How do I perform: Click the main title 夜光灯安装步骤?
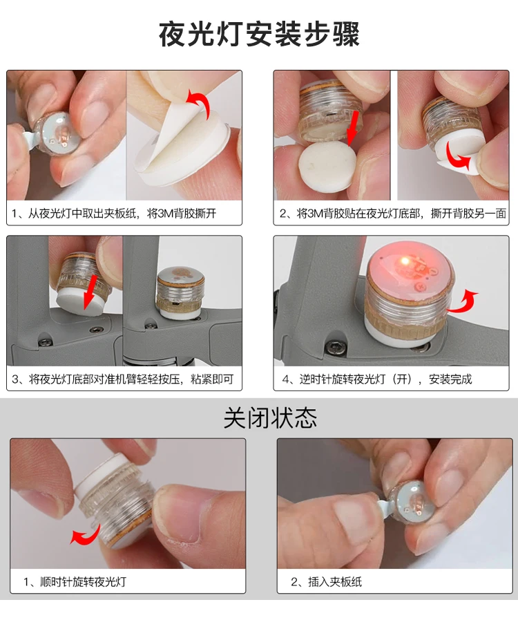pyautogui.click(x=259, y=35)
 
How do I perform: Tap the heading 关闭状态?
pyautogui.click(x=270, y=418)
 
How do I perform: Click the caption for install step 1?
pyautogui.click(x=114, y=214)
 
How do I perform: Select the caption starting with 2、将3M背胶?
pyautogui.click(x=393, y=214)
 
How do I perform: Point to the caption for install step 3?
pyautogui.click(x=122, y=379)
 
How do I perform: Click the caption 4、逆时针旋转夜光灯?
pyautogui.click(x=377, y=379)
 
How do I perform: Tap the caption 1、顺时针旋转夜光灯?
pyautogui.click(x=75, y=582)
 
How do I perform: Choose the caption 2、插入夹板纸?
pyautogui.click(x=327, y=582)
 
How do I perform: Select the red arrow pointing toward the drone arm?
pyautogui.click(x=90, y=292)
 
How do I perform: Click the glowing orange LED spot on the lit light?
pyautogui.click(x=404, y=261)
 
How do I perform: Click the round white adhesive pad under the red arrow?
pyautogui.click(x=327, y=167)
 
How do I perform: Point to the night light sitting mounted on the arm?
pyautogui.click(x=180, y=292)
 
